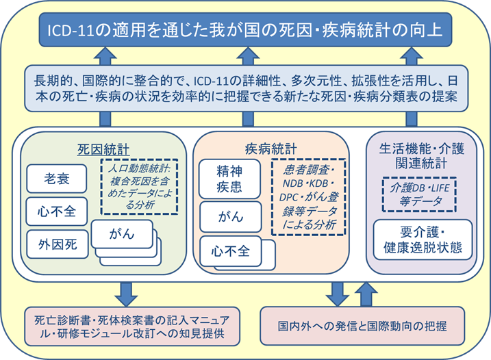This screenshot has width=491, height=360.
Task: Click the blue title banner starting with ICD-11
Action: [245, 30]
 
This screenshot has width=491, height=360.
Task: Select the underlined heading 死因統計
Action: [100, 148]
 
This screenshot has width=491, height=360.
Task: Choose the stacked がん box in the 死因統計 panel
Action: [121, 235]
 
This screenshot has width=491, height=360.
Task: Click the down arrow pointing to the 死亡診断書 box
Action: [126, 290]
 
